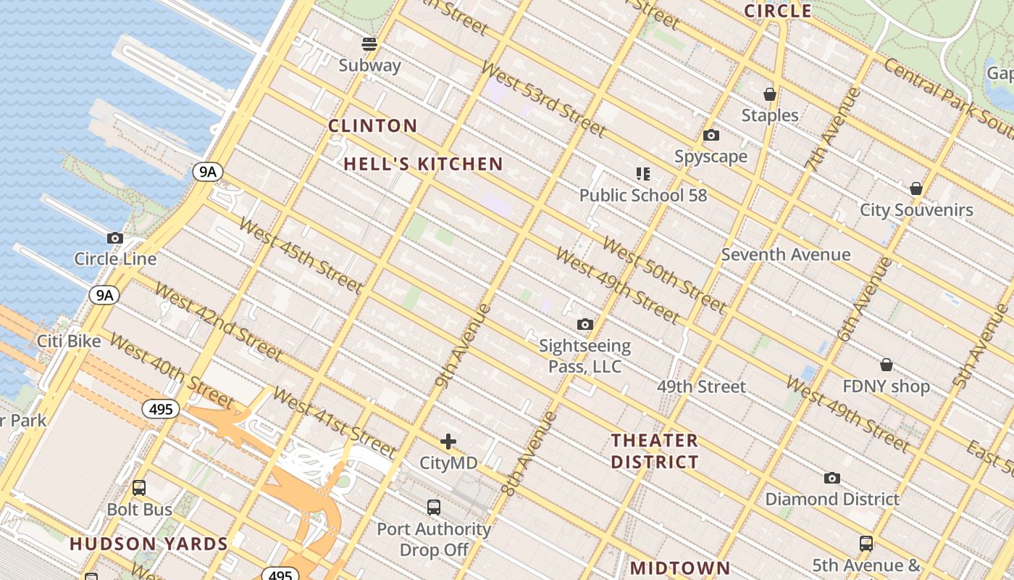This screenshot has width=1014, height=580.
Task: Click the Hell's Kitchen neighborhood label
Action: [x=423, y=165]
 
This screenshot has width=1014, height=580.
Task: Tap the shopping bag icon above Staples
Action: [x=769, y=94]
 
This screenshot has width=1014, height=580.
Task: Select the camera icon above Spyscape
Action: [x=711, y=136]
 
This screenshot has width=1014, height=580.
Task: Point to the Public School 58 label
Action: [x=642, y=195]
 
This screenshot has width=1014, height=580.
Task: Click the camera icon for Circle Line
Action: [x=114, y=238]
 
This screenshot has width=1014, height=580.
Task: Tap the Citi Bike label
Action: [x=69, y=341]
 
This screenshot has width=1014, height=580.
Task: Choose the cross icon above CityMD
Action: [x=448, y=441]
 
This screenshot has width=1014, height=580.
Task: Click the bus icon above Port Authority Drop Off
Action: [x=433, y=507]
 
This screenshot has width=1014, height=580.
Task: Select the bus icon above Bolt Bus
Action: [x=138, y=488]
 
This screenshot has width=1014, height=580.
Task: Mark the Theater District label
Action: [x=655, y=451]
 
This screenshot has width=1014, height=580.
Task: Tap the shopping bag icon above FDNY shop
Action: [x=886, y=365]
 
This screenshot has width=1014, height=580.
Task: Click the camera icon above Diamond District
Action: [x=832, y=478]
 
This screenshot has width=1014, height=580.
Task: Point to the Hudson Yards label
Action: [x=148, y=544]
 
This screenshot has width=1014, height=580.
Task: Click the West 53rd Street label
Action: [x=542, y=99]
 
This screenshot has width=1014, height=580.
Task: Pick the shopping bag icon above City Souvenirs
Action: [x=916, y=189]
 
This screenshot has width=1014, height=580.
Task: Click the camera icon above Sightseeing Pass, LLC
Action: [x=584, y=325]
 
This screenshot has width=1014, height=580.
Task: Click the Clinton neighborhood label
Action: [x=372, y=126]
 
